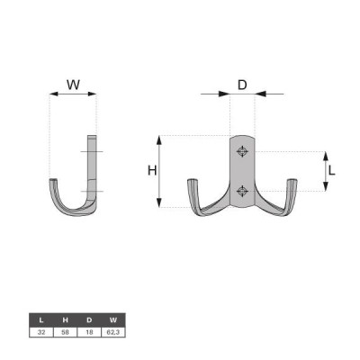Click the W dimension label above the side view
point(73,85)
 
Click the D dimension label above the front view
point(242,85)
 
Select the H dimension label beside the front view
point(152,171)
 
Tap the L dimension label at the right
point(331,171)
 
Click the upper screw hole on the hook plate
point(242,151)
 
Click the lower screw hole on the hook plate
point(242,191)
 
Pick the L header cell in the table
point(41,320)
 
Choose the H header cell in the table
point(66,320)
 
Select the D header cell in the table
point(89,320)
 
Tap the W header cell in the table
point(113,320)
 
